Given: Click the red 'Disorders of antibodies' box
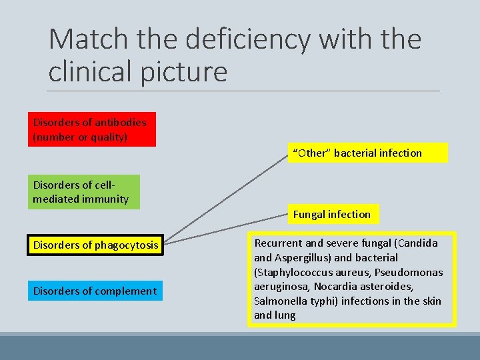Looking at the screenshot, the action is pos(91,129).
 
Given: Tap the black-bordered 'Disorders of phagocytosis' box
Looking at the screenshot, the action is pos(95,245).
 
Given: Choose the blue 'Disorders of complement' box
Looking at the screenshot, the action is pos(95,291).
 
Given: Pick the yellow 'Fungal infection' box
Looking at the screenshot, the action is pos(332,214).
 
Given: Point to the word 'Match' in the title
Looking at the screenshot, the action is pos(87,40).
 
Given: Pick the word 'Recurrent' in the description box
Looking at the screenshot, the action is pos(279,243).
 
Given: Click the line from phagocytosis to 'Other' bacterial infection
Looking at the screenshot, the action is pos(227,197).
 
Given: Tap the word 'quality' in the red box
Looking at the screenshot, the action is pos(111,137).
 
